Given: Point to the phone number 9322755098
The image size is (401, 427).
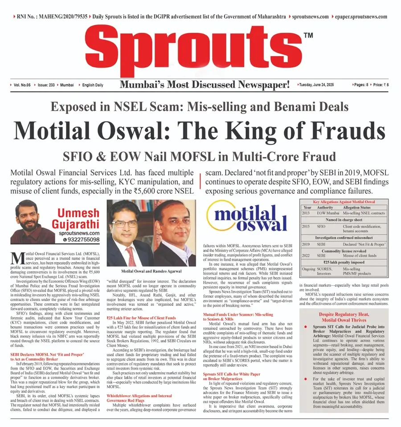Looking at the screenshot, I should point(81,240).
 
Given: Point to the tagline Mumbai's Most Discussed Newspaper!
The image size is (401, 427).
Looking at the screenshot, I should point(205,84).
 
